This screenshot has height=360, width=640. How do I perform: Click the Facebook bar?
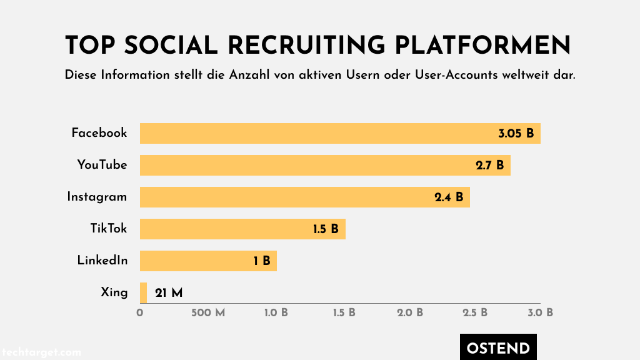pyautogui.click(x=340, y=133)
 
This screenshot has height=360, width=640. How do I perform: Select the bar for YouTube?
pyautogui.click(x=325, y=165)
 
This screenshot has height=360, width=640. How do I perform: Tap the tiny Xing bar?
pyautogui.click(x=143, y=292)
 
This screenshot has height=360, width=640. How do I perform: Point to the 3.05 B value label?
pyautogui.click(x=516, y=133)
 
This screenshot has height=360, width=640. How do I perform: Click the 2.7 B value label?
pyautogui.click(x=489, y=165)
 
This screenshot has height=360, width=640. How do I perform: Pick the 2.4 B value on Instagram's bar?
pyautogui.click(x=449, y=197)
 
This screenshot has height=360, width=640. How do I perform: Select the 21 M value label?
pyautogui.click(x=168, y=292)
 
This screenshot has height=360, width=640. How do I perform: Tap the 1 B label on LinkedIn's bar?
pyautogui.click(x=262, y=261)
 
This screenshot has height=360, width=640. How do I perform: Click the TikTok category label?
pyautogui.click(x=109, y=228)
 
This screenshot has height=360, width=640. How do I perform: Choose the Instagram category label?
pyautogui.click(x=97, y=197)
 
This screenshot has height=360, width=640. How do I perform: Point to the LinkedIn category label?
pyautogui.click(x=102, y=260)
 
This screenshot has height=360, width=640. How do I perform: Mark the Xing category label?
pyautogui.click(x=114, y=292)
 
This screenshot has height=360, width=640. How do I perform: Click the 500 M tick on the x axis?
pyautogui.click(x=207, y=312)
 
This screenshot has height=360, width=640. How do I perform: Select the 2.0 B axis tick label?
pyautogui.click(x=410, y=312)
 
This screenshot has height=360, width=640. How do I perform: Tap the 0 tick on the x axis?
pyautogui.click(x=140, y=312)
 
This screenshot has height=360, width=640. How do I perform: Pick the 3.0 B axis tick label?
pyautogui.click(x=541, y=312)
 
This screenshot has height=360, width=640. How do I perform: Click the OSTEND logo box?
pyautogui.click(x=498, y=348)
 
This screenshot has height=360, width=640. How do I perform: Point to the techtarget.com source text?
pyautogui.click(x=41, y=352)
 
